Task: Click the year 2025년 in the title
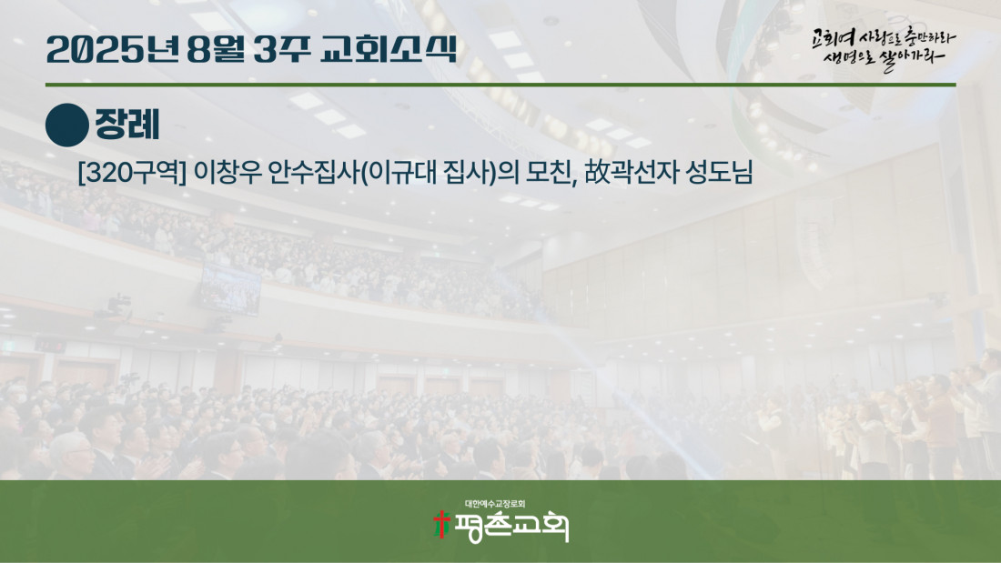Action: pos(113,49)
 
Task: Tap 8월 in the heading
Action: pos(215,49)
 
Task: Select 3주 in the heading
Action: pos(281,49)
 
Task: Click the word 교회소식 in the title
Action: pos(389,49)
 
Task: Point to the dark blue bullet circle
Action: pos(67,126)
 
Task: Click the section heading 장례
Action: pos(127,125)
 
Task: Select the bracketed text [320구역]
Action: pos(132,172)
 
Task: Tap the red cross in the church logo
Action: pos(441,525)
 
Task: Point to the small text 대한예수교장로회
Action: pos(495,504)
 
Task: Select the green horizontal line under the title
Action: pos(500,85)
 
